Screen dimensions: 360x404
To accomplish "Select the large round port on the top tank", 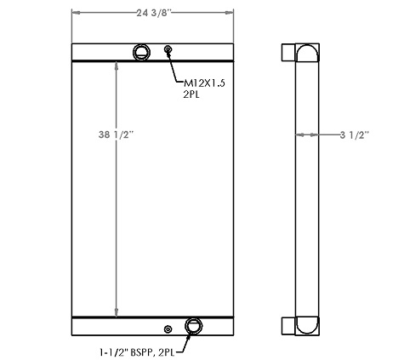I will [140, 53].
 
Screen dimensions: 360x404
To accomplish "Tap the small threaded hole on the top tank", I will [168, 51].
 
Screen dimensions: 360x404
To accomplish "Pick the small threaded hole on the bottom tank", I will [166, 329].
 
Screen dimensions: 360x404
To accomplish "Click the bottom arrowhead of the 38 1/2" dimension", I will [116, 311].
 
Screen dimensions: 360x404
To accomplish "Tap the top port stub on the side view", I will [287, 53].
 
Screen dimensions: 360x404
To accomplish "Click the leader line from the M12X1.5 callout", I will [175, 68].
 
